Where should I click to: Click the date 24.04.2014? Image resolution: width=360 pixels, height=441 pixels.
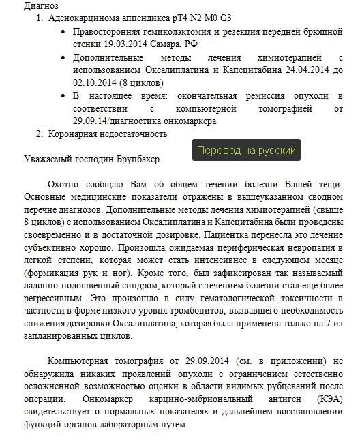(x=301, y=70)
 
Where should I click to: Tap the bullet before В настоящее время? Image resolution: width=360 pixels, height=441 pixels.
(x=63, y=95)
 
